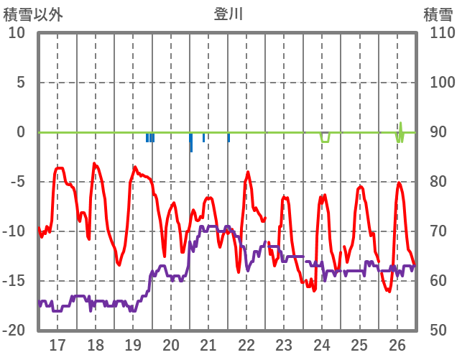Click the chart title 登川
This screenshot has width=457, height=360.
[x=228, y=14]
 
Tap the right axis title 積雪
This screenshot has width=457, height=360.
[x=438, y=14]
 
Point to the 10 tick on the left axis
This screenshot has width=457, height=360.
[x=17, y=33]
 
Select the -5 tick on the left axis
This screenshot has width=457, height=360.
[x=17, y=182]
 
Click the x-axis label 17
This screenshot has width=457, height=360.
[x=57, y=343]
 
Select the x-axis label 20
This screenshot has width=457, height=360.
[x=171, y=343]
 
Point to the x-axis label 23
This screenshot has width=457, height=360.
[x=284, y=343]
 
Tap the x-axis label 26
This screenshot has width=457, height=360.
[x=397, y=343]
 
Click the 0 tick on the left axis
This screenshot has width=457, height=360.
[x=20, y=132]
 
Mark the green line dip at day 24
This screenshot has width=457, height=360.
[x=325, y=141]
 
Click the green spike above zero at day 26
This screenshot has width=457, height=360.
[x=400, y=124]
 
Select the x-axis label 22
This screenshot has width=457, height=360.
[x=246, y=343]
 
